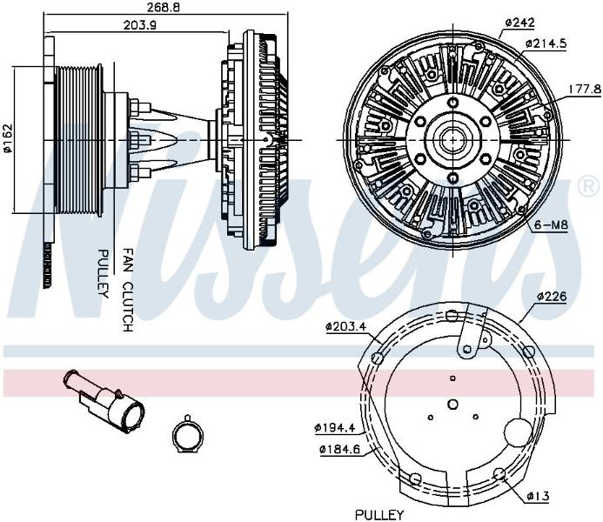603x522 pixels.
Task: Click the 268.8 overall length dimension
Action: pyautogui.click(x=164, y=7)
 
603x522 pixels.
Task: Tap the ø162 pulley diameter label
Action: pyautogui.click(x=8, y=138)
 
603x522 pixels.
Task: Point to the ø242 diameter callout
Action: pyautogui.click(x=519, y=23)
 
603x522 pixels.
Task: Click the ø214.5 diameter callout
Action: pyautogui.click(x=546, y=43)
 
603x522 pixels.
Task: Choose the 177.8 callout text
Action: pyautogui.click(x=585, y=90)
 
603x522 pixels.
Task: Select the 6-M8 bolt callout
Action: pyautogui.click(x=551, y=224)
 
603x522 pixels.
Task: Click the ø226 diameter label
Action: pyautogui.click(x=552, y=296)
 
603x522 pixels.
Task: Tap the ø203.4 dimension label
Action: pyautogui.click(x=345, y=327)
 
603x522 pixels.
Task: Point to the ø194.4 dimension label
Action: pyautogui.click(x=335, y=428)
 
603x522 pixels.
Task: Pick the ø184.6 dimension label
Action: pyautogui.click(x=340, y=449)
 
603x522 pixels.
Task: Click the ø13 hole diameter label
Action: pyautogui.click(x=538, y=496)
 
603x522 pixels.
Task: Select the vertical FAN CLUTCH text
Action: pyautogui.click(x=128, y=290)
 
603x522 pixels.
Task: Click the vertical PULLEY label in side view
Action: pyautogui.click(x=103, y=273)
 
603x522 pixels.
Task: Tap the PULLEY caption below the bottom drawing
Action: pyautogui.click(x=379, y=514)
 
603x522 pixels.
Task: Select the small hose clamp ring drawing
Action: pyautogui.click(x=187, y=434)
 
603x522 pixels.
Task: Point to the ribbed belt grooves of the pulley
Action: pyautogui.click(x=78, y=140)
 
